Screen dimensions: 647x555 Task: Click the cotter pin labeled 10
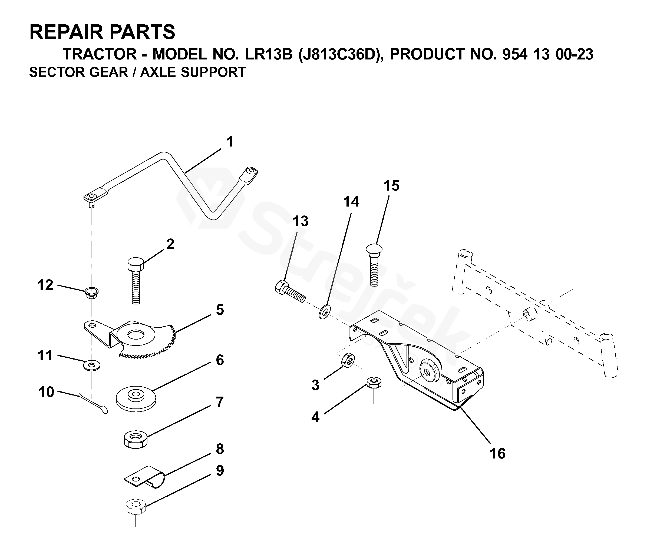coord(94,404)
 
